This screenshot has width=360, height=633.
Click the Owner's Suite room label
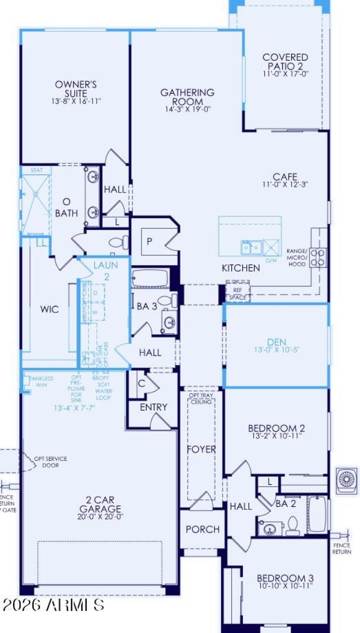coord(76,88)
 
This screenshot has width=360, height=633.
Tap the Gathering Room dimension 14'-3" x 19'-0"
coord(187,109)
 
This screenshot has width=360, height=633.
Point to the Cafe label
coord(285,177)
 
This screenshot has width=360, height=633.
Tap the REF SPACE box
coord(238,294)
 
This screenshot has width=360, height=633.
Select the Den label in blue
coord(276,342)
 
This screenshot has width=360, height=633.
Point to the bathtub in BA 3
coord(150,278)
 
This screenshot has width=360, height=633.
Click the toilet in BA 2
coord(293,525)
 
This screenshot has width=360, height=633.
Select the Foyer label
coord(202,449)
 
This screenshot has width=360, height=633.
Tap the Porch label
coord(202,529)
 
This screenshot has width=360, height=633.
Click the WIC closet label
coord(49,310)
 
